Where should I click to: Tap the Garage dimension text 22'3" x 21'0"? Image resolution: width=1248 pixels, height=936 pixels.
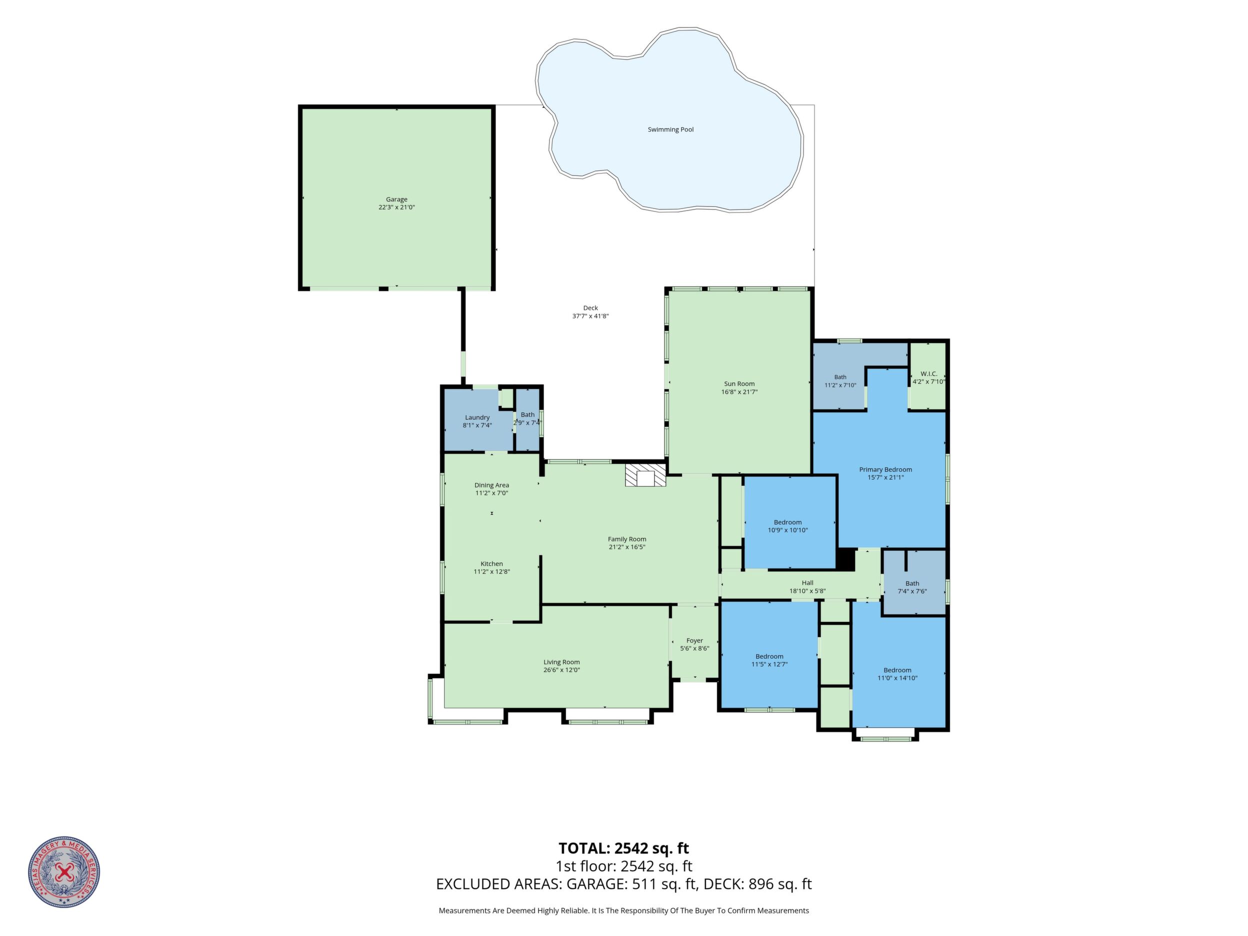(396, 207)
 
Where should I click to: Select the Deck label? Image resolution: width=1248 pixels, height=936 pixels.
(590, 308)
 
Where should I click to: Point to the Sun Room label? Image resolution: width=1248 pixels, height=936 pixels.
(739, 383)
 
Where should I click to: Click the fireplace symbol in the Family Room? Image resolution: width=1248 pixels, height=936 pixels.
(645, 475)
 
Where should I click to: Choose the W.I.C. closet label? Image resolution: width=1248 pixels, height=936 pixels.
(928, 373)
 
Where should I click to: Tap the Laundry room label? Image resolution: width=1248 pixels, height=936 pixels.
(477, 417)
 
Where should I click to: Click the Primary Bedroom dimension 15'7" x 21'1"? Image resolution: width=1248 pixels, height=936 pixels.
(885, 477)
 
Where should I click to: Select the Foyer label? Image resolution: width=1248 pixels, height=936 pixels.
(694, 640)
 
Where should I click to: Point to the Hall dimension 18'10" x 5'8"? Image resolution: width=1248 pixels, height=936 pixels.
(807, 590)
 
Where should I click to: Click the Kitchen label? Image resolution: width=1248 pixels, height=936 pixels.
(491, 563)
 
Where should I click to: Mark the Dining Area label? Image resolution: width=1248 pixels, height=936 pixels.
(491, 485)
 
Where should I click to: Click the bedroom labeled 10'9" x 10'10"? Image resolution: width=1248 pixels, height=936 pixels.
(790, 521)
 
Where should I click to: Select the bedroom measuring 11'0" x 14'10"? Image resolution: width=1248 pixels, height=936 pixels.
(898, 672)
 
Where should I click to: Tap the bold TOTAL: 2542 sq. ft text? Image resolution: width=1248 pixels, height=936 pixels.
(623, 848)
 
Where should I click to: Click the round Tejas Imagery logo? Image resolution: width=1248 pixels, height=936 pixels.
(64, 872)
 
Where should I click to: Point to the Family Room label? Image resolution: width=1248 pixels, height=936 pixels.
(627, 539)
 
